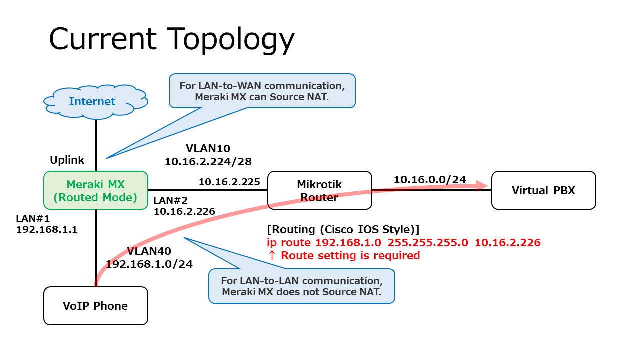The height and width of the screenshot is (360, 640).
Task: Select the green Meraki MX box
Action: click(x=96, y=190)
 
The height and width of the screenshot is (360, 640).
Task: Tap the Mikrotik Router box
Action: click(x=320, y=190)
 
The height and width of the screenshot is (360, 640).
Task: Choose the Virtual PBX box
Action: click(x=543, y=190)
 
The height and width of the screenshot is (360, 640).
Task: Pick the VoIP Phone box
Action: click(x=96, y=306)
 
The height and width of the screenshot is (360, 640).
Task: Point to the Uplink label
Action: click(x=67, y=160)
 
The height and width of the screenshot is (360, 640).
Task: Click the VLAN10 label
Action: click(x=208, y=148)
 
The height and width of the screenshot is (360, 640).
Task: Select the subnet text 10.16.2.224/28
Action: click(x=208, y=161)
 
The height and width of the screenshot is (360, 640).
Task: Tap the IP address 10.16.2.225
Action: click(x=229, y=182)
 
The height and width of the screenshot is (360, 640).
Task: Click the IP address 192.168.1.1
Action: click(x=47, y=230)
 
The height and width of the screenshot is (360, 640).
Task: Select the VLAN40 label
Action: click(x=149, y=250)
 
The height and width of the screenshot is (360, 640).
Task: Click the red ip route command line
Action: click(x=404, y=243)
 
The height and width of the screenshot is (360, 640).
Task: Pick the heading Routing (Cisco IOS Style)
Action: click(x=343, y=229)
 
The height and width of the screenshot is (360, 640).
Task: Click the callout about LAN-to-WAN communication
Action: click(x=262, y=91)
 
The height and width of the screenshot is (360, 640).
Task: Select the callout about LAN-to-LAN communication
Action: click(x=301, y=286)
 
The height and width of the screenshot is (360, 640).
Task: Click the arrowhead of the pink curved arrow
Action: click(x=482, y=185)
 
